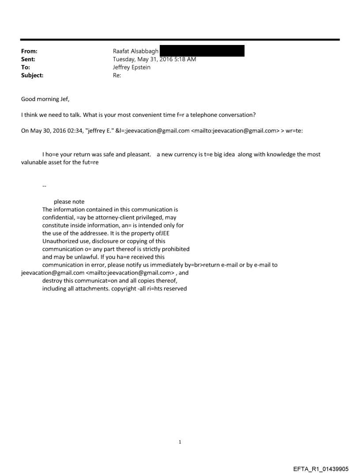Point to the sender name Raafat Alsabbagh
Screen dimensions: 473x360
[x=136, y=52]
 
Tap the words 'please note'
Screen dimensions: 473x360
[x=69, y=202]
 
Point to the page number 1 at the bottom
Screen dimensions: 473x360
[x=180, y=442]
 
